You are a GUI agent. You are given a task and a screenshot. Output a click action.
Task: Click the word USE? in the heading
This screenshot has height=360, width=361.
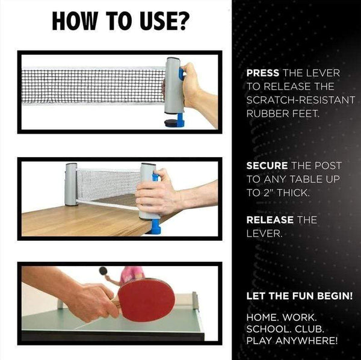(x=164, y=20)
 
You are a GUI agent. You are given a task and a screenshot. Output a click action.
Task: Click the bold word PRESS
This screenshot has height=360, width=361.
(x=263, y=73)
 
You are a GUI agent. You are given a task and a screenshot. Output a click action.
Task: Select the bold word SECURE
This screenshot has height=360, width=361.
(x=267, y=166)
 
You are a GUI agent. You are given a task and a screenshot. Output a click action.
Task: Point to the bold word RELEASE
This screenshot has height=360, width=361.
(x=270, y=220)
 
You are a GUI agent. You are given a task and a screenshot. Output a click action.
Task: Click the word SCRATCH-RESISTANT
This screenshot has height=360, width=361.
(x=300, y=100)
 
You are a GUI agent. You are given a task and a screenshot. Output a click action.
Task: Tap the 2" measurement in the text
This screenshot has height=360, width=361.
(x=267, y=193)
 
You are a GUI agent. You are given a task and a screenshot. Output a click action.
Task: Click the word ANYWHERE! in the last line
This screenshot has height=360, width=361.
(x=306, y=340)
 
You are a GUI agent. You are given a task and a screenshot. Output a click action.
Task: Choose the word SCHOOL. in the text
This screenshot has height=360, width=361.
(x=268, y=329)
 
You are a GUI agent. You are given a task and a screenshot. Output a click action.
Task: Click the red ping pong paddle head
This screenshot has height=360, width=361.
(x=146, y=300)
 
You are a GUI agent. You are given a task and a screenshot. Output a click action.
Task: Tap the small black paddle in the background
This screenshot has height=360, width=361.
(x=103, y=271)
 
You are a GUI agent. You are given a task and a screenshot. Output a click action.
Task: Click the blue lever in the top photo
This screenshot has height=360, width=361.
(x=182, y=74)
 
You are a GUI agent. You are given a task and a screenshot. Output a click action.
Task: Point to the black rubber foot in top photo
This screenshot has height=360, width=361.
(x=171, y=123)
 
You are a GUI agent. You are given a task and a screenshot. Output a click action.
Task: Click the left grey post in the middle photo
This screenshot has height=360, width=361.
(x=71, y=184)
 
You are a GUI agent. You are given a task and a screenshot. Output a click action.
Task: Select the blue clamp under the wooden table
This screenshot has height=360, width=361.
(x=156, y=226)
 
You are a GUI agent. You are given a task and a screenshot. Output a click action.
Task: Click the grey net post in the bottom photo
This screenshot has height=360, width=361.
(x=196, y=300)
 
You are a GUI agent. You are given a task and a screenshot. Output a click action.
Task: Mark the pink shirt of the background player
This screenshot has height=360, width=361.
(x=132, y=274)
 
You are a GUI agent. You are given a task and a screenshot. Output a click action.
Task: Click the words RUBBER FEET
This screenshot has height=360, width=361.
(x=283, y=114)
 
